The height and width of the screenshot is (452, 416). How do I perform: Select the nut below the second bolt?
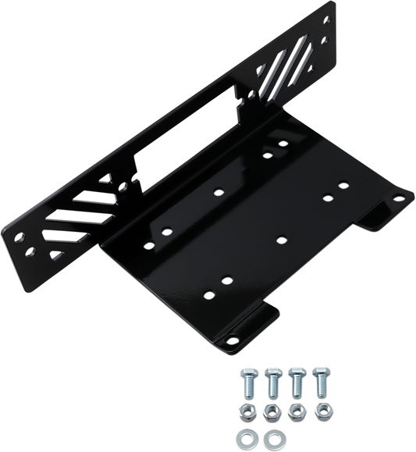(x=272, y=409)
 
